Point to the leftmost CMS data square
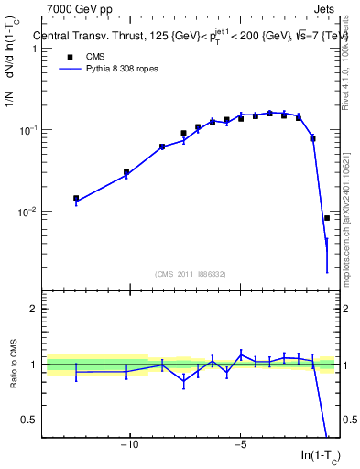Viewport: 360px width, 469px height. pyautogui.click(x=76, y=198)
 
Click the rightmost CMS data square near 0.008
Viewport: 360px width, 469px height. pyautogui.click(x=327, y=218)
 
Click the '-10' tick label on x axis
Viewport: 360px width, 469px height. pyautogui.click(x=130, y=446)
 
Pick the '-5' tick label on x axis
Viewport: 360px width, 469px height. pyautogui.click(x=240, y=446)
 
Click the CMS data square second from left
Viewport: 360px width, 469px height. pyautogui.click(x=126, y=172)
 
